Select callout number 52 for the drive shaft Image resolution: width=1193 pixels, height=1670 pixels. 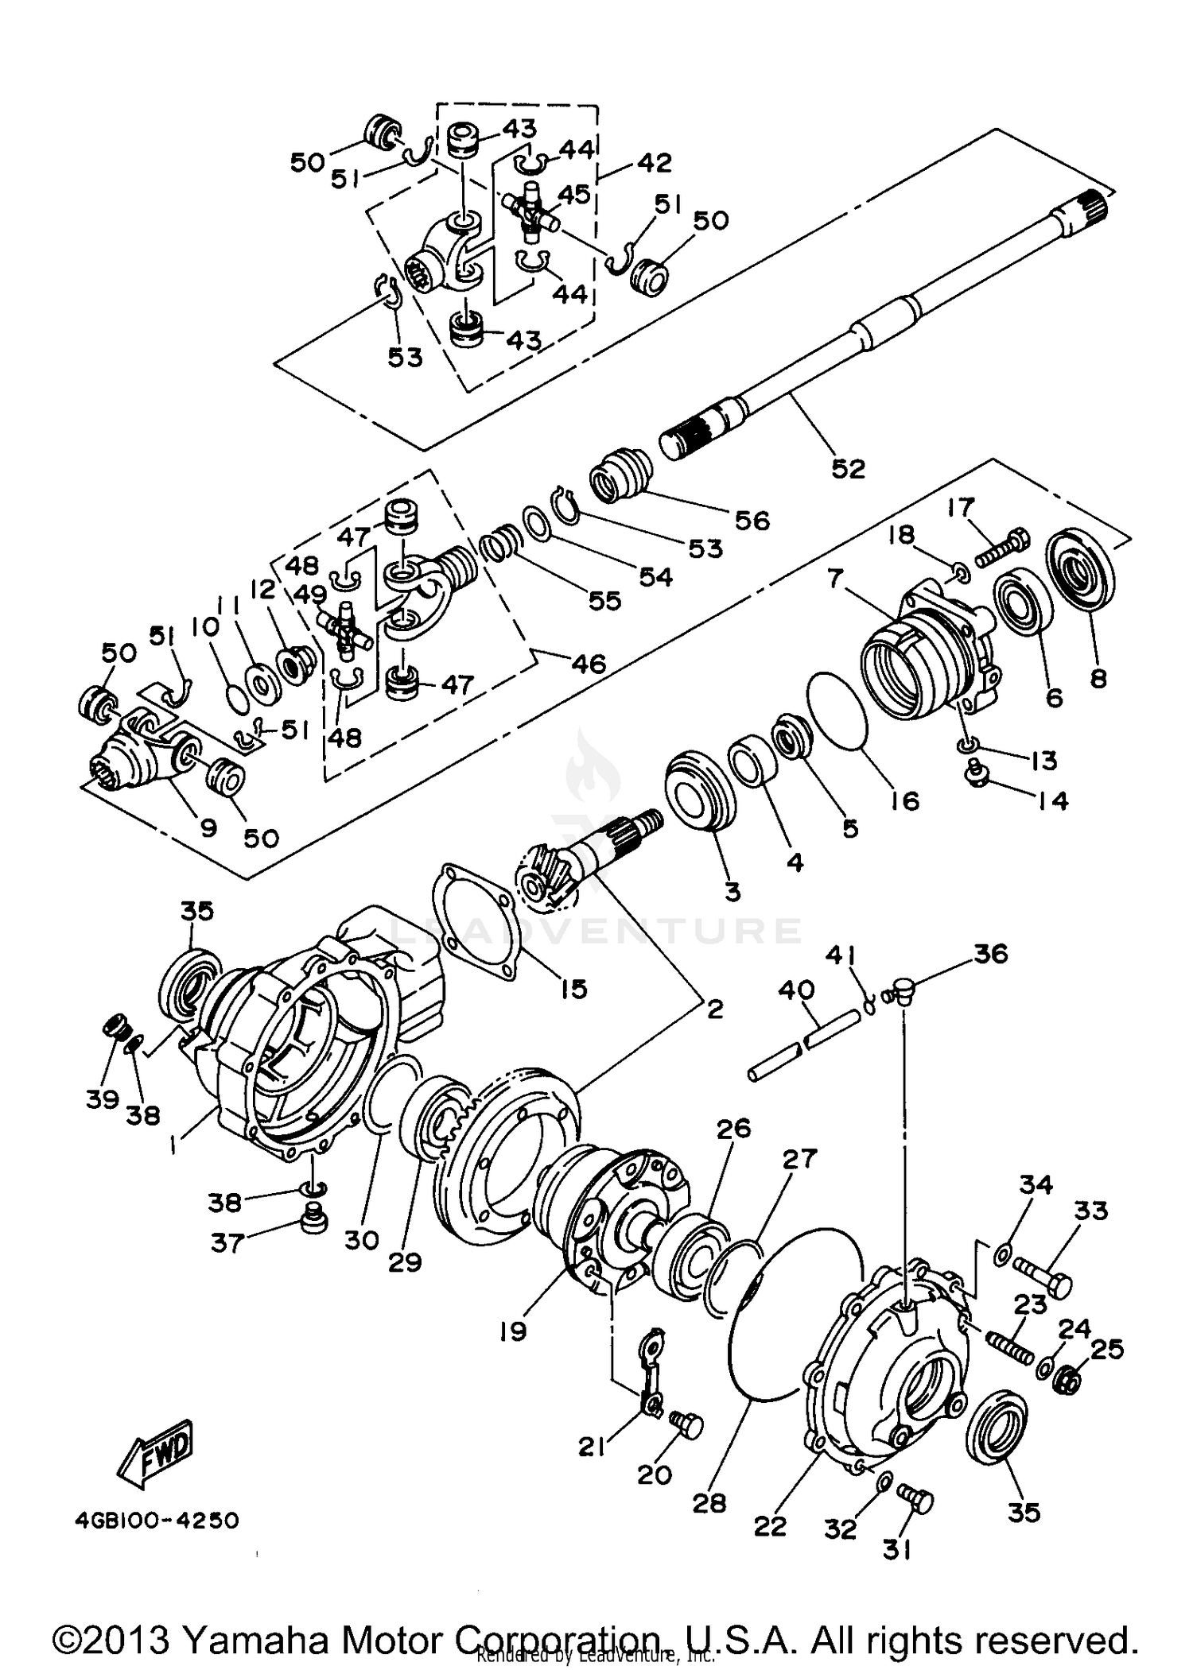point(848,468)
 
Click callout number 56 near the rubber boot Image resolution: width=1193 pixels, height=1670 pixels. point(752,521)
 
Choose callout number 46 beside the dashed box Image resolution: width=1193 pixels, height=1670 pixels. point(589,663)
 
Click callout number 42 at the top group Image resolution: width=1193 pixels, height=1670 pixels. point(654,162)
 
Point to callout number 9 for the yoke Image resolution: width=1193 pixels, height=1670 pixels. point(208,828)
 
